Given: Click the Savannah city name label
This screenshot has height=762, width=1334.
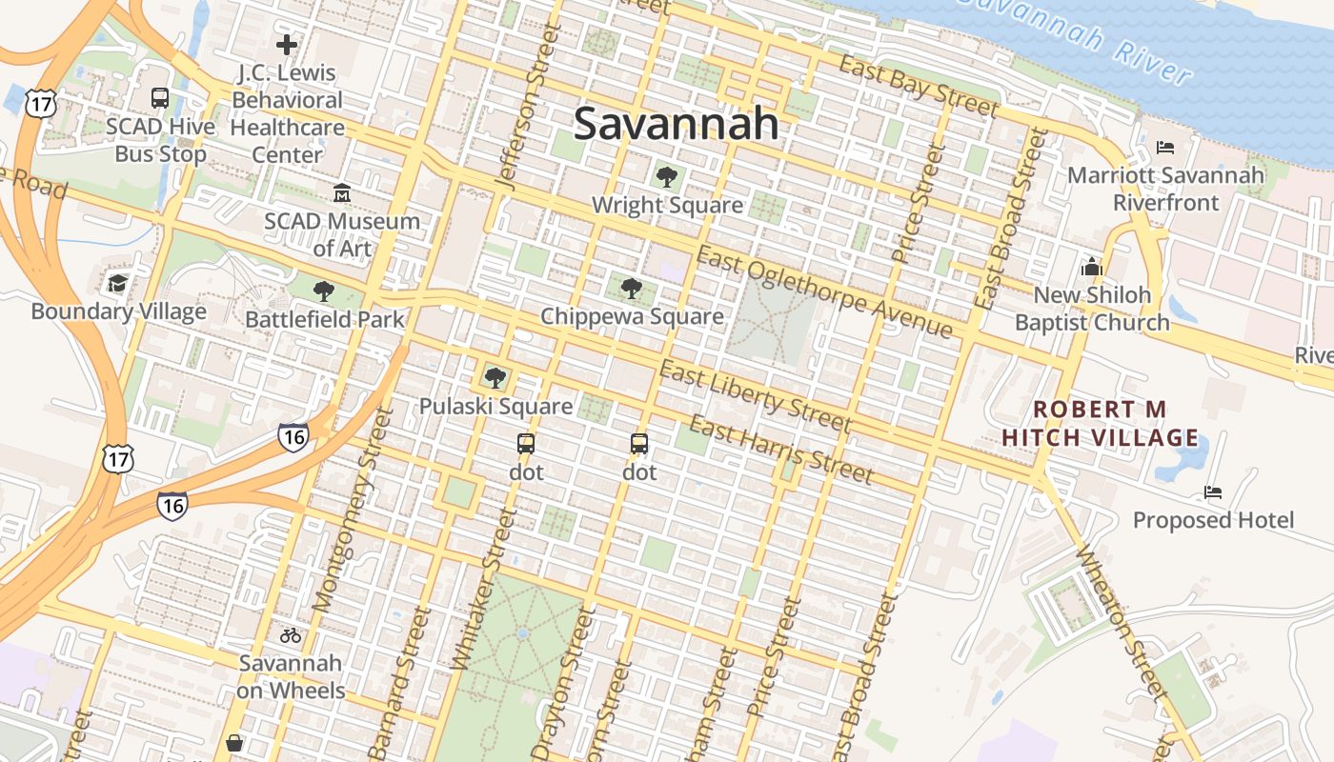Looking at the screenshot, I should pos(676,125).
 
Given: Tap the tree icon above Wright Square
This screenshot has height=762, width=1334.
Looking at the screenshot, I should pos(667,176).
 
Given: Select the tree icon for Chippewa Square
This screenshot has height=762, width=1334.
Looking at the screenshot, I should pos(631,288).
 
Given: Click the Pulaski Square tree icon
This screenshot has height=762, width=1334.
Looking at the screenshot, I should pos(495,378).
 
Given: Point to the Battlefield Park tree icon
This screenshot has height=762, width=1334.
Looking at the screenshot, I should pos(324,291).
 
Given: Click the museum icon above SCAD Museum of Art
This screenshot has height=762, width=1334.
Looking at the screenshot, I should pos(341,193).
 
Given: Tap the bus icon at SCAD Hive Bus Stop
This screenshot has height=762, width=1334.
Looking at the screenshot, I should pos(160,97).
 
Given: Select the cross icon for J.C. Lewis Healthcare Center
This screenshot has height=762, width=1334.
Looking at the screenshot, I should pos(286,45).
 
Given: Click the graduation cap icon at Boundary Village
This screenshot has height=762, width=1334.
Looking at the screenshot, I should pos(117,283).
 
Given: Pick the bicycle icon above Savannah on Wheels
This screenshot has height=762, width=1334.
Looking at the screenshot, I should pos(291,635).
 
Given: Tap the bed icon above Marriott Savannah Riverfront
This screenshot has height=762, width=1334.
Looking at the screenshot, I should pos(1164,148).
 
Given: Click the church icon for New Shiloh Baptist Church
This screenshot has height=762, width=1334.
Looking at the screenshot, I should pos(1091,267).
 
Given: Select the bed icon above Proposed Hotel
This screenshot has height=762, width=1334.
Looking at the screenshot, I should pos(1212,492).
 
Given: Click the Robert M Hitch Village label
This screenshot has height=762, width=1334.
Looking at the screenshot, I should pos(1100,424).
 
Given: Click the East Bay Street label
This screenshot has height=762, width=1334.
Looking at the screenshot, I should pos(919,86).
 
